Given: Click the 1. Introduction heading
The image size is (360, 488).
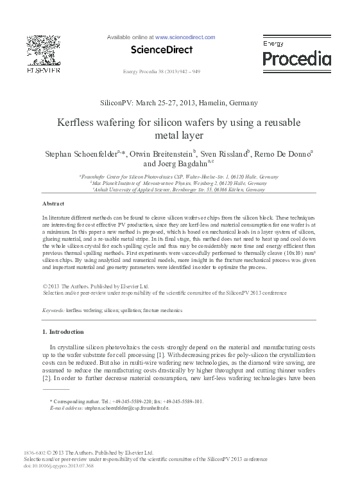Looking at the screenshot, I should [63, 332].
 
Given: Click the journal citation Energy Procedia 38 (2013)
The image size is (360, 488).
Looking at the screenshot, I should [161, 71].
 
